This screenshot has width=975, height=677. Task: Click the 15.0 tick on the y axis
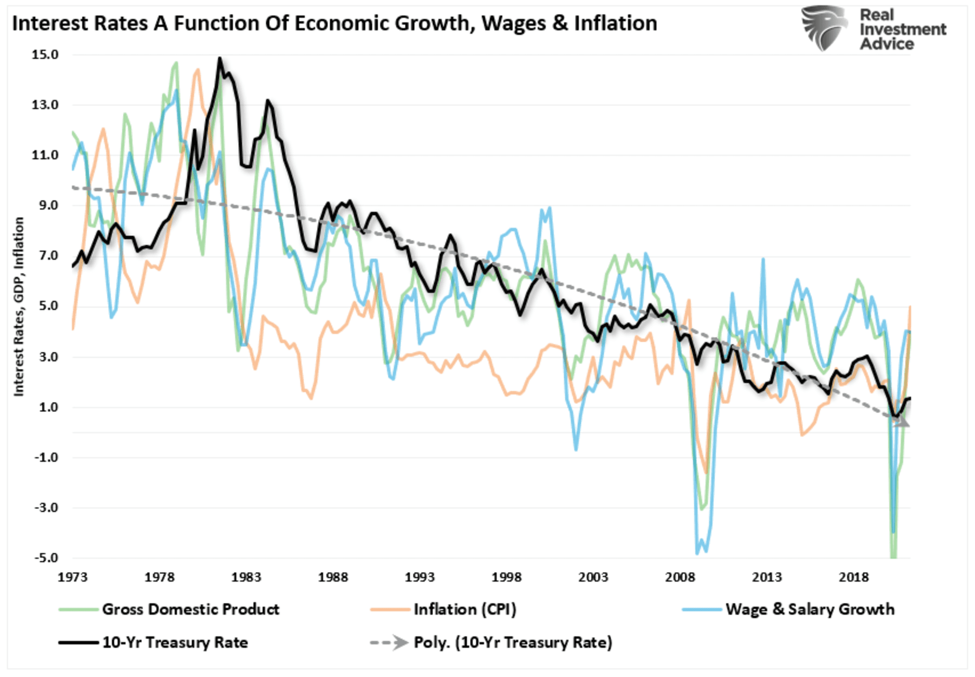[45, 55]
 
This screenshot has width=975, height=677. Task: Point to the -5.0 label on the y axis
[45, 557]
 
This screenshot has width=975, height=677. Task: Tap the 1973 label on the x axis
[72, 577]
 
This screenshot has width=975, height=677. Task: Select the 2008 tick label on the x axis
[680, 577]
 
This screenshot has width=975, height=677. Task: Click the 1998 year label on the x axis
[506, 577]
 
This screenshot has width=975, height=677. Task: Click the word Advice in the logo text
[887, 44]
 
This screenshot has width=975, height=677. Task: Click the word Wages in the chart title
[513, 23]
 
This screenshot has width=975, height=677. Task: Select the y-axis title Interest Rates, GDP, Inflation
[19, 306]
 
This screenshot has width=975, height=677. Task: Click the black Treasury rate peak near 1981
[220, 58]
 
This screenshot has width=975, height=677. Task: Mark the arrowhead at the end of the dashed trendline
[903, 421]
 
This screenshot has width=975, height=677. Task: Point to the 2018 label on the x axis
[853, 577]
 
